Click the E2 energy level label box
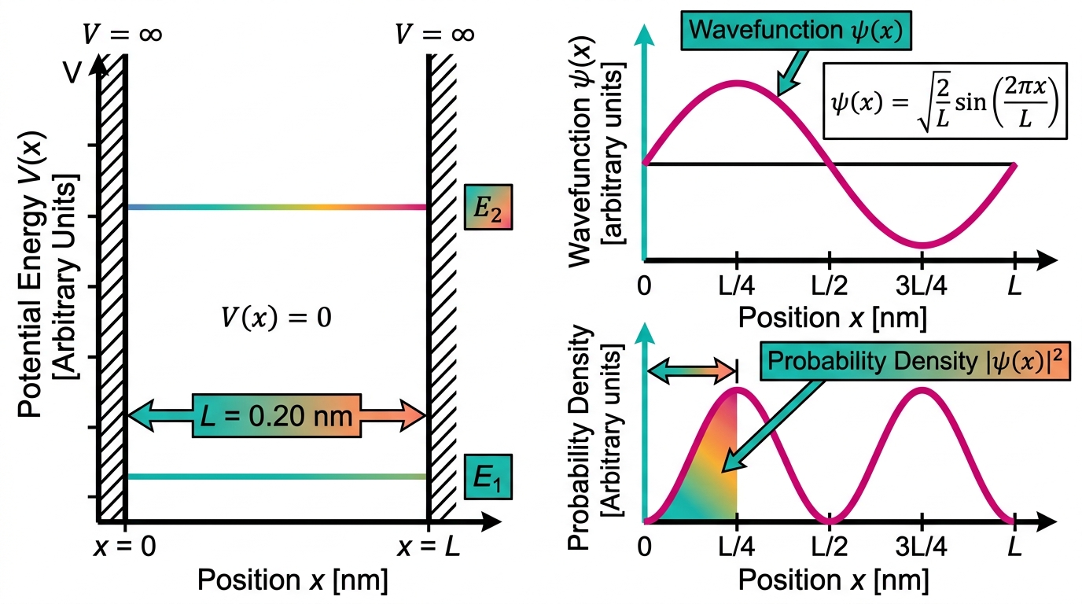tap(488, 207)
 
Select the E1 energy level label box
tap(488, 477)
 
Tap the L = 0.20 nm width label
tap(276, 416)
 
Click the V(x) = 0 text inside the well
tap(276, 318)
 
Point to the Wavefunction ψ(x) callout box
tap(796, 31)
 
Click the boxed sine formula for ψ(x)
tap(945, 101)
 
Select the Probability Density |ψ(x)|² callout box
tap(915, 361)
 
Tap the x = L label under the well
tap(428, 547)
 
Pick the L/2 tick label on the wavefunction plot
tap(829, 285)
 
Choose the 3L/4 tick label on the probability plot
tap(921, 547)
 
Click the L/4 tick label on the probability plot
tap(737, 547)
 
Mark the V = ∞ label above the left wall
tap(122, 34)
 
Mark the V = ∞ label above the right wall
tap(435, 34)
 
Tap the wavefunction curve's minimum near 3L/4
tap(922, 245)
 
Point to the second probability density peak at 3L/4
tap(922, 390)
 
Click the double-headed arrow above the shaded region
tap(692, 371)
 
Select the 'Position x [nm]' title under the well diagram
tap(293, 580)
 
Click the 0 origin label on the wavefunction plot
tap(644, 285)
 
